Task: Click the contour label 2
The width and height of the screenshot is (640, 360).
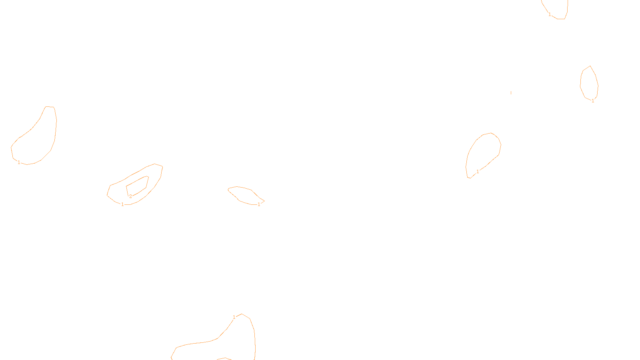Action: tap(130, 196)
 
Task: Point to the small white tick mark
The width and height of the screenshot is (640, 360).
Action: tap(511, 93)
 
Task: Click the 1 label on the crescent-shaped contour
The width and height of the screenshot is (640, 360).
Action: tap(19, 162)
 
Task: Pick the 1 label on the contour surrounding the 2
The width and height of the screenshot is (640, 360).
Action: tap(122, 204)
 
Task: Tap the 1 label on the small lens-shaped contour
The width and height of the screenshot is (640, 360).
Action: tap(259, 204)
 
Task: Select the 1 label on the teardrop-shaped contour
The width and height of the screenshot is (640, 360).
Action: tap(478, 172)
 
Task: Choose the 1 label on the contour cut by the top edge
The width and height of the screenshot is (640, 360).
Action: tap(550, 14)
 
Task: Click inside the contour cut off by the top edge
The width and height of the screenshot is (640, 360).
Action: tap(558, 8)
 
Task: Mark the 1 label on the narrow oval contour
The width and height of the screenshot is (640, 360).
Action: tap(593, 101)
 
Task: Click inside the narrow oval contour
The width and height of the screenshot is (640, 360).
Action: tap(589, 83)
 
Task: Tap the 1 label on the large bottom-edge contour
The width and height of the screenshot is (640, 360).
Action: tap(234, 317)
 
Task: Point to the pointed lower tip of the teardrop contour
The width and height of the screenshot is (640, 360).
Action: tap(469, 178)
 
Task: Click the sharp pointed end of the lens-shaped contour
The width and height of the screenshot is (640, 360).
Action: tap(264, 201)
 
